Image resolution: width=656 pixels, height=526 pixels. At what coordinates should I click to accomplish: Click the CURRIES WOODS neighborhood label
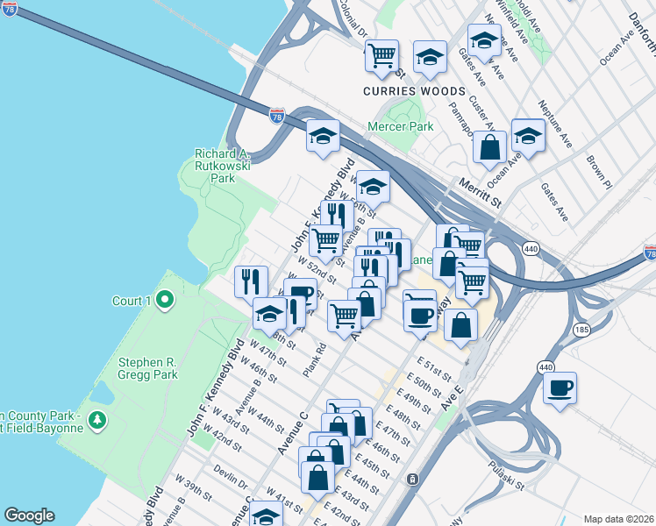415,91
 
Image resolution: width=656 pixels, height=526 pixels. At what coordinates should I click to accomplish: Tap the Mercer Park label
409,127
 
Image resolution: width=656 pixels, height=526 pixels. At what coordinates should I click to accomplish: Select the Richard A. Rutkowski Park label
215,166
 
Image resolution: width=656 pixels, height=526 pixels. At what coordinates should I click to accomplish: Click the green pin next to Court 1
164,301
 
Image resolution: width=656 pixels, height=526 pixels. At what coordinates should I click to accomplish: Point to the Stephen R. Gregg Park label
148,368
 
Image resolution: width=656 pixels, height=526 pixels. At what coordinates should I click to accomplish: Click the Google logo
29,515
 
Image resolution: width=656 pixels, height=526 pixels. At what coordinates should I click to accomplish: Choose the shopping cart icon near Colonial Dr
381,56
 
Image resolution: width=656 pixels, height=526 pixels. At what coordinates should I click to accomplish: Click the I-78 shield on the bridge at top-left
10,10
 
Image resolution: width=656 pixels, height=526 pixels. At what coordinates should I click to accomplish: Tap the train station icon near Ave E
411,479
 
